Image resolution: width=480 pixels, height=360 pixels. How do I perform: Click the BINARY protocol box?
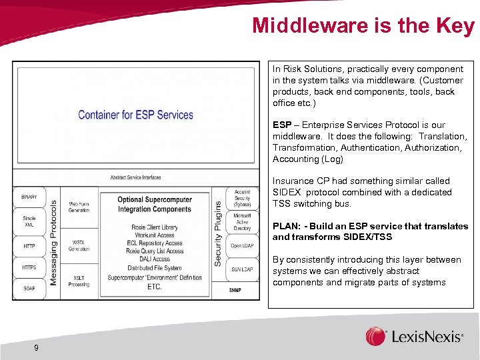(29, 197)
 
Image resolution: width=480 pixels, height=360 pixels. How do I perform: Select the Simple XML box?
(29, 222)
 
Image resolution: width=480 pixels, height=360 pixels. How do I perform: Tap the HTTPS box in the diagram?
(29, 267)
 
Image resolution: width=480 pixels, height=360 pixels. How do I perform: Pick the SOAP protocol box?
(29, 289)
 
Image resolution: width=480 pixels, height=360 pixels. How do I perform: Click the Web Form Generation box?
(79, 207)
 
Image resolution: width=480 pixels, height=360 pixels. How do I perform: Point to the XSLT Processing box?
(79, 281)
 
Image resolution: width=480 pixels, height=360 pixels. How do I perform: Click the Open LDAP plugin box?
(242, 245)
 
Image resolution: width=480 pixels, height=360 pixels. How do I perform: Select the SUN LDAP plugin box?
(242, 269)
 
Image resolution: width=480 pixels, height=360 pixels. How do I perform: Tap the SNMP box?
(235, 291)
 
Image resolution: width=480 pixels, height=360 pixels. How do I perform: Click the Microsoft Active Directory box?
(242, 221)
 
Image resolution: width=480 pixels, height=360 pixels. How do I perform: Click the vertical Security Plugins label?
(218, 234)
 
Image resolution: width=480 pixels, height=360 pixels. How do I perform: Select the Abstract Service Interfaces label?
(135, 177)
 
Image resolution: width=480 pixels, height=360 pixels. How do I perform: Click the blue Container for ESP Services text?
(135, 115)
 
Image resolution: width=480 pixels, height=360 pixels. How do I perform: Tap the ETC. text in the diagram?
(154, 287)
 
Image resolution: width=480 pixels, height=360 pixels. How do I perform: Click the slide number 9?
(36, 347)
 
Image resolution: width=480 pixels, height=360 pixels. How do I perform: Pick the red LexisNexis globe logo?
(375, 336)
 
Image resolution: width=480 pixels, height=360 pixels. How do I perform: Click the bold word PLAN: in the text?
(287, 226)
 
